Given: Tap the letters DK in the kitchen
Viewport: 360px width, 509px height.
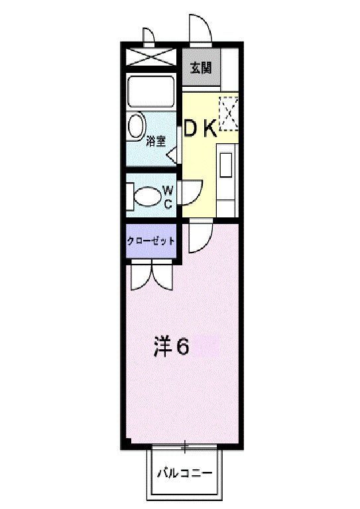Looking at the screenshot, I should (200, 128).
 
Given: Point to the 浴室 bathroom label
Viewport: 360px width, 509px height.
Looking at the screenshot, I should (156, 141).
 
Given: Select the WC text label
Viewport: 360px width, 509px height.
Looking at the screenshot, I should (168, 198).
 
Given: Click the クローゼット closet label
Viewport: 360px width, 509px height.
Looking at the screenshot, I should (151, 241).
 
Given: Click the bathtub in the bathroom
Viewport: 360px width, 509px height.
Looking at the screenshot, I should (150, 91).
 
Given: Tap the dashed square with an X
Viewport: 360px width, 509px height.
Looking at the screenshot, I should (229, 113).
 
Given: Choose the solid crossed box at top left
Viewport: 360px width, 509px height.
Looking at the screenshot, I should (150, 56).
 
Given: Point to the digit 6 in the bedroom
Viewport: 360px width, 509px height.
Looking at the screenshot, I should (182, 345).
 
